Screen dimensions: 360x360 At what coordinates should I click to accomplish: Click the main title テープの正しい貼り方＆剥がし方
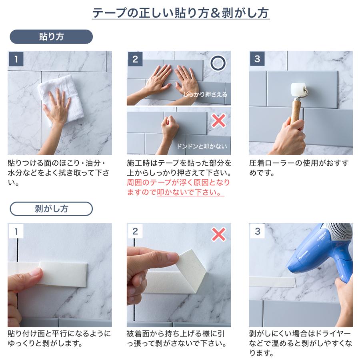click(180, 13)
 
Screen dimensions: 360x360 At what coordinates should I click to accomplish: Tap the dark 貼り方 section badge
click(51, 36)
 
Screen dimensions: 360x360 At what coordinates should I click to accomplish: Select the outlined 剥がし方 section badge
click(51, 208)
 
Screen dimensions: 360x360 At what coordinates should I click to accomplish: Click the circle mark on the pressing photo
click(218, 63)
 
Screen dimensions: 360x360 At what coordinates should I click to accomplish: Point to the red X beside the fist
click(218, 120)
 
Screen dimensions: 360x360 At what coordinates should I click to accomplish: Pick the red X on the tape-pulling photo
click(218, 234)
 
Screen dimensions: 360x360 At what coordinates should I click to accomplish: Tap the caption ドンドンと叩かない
click(202, 146)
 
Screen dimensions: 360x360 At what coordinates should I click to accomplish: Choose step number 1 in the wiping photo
click(16, 59)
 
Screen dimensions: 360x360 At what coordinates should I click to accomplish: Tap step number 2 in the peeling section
click(135, 231)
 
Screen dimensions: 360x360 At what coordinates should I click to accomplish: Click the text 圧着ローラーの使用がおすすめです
click(298, 168)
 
